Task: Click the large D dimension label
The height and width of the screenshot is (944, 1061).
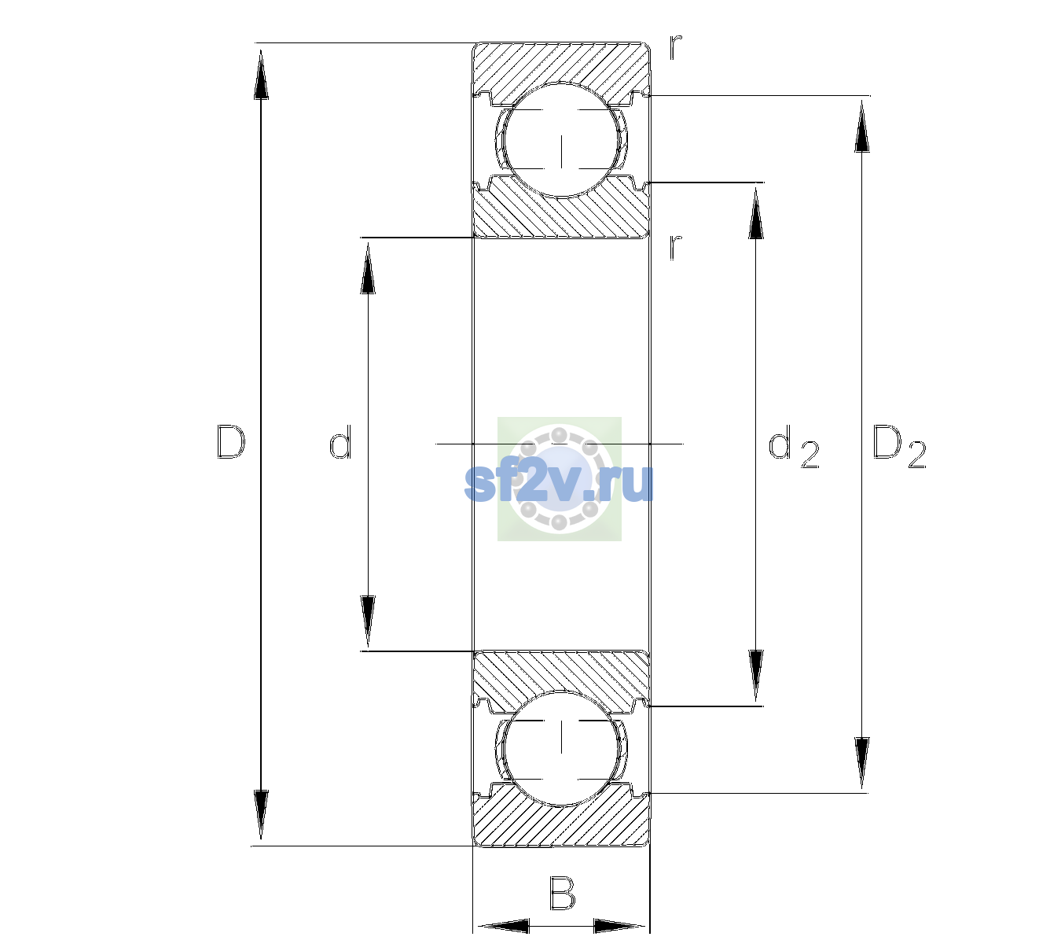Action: pyautogui.click(x=231, y=442)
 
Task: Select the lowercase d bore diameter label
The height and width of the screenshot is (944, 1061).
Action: pyautogui.click(x=340, y=442)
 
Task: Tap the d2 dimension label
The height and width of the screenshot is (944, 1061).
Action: pyautogui.click(x=794, y=445)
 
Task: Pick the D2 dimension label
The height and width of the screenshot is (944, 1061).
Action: pyautogui.click(x=899, y=446)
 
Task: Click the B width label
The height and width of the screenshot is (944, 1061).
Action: pyautogui.click(x=562, y=892)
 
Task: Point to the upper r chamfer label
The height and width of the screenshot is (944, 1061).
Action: pyautogui.click(x=676, y=46)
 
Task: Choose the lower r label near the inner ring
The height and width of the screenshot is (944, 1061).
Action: pyautogui.click(x=676, y=247)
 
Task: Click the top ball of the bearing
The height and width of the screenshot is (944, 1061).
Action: pyautogui.click(x=561, y=140)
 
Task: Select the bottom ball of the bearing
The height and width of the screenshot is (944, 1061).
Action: pyautogui.click(x=561, y=748)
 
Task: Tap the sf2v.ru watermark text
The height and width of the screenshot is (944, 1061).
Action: pyautogui.click(x=559, y=482)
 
